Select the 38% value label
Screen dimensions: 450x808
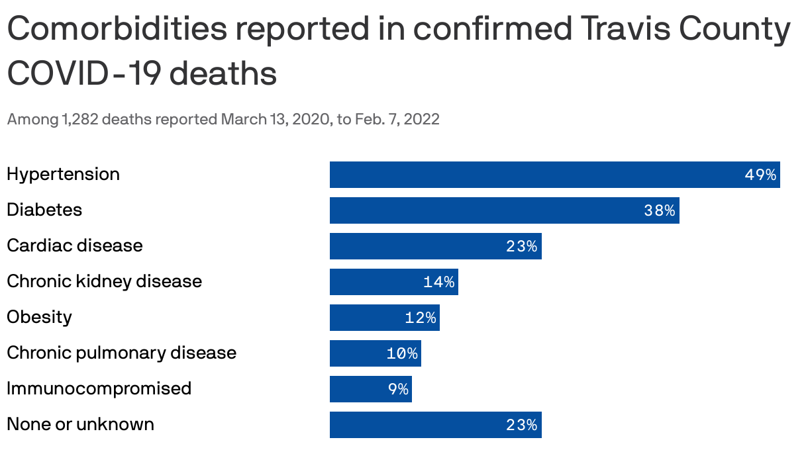pyautogui.click(x=659, y=210)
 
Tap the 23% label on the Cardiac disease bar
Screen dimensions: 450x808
pyautogui.click(x=521, y=246)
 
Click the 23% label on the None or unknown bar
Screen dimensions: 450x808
pyautogui.click(x=521, y=425)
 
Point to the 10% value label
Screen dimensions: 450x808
pyautogui.click(x=402, y=353)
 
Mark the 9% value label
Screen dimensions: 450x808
pyautogui.click(x=398, y=389)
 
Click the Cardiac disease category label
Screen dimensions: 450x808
pyautogui.click(x=74, y=246)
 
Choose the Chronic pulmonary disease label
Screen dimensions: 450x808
pyautogui.click(x=121, y=353)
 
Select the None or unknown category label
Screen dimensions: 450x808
pyautogui.click(x=80, y=424)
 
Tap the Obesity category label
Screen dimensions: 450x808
pyautogui.click(x=39, y=317)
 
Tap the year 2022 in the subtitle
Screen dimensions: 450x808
pyautogui.click(x=421, y=120)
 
